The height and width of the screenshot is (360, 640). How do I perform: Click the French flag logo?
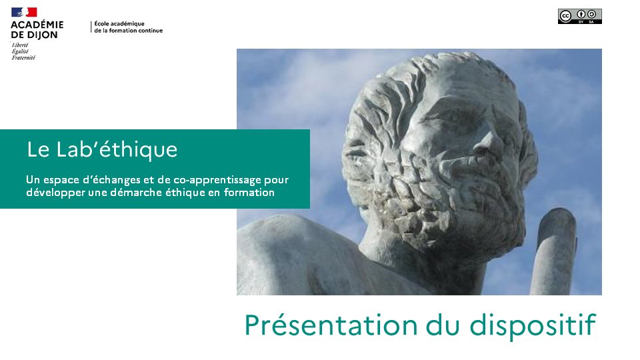[24, 12]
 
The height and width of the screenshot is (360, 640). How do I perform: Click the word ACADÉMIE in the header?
[37, 25]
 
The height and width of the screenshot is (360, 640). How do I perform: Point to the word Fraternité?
[24, 58]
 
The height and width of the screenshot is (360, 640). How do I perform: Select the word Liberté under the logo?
[20, 45]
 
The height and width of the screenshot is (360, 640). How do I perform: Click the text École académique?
[119, 24]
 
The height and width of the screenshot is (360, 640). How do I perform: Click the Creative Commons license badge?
[579, 17]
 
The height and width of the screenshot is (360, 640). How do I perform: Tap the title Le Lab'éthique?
[102, 149]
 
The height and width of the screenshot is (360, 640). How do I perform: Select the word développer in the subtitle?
[55, 193]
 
